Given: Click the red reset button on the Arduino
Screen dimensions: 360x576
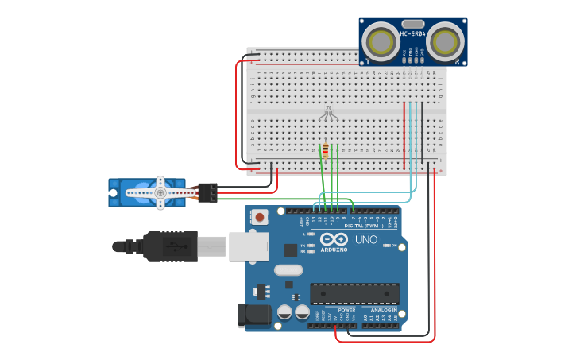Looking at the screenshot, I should (260, 216).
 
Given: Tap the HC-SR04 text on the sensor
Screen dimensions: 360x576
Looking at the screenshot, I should (413, 33).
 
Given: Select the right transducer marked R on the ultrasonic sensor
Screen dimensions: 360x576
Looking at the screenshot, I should (444, 41).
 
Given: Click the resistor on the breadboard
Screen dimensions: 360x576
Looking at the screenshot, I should (325, 151).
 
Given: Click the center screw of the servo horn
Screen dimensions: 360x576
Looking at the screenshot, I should (160, 192).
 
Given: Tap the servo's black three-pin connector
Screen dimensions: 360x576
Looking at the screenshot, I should (208, 192).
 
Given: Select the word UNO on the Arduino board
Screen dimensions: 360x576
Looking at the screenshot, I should (365, 239).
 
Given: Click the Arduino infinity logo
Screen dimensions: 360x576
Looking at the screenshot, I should (334, 239).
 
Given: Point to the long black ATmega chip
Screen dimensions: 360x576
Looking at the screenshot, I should (354, 293).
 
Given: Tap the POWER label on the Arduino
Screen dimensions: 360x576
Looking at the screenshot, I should (346, 309).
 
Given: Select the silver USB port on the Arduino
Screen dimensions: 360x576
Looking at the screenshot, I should (248, 246).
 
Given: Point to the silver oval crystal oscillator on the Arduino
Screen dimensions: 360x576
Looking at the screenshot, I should (289, 269).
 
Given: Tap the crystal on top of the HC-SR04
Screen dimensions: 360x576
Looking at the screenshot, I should (413, 24).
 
